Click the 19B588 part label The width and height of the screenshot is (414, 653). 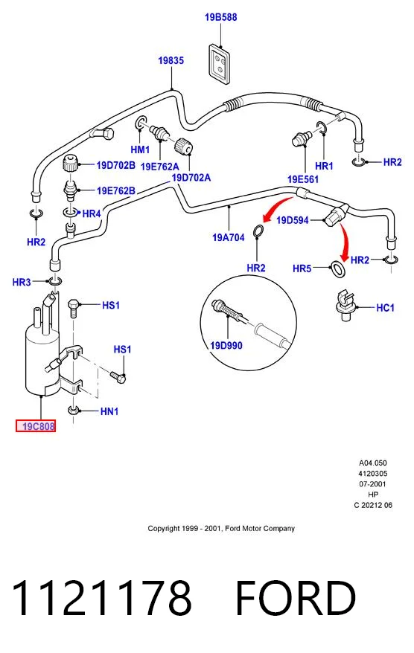pos(220,17)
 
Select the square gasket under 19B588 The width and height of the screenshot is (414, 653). pos(220,65)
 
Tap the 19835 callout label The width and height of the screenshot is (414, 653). pos(171,60)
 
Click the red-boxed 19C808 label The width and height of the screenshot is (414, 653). pos(36,426)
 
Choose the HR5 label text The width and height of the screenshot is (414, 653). pos(302,268)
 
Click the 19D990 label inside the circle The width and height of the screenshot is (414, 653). pos(226,345)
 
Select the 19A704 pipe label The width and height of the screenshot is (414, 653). pos(229,237)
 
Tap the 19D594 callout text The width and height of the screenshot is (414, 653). pos(293,220)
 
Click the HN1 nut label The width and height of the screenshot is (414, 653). pos(109,411)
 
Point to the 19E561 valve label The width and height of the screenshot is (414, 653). pos(303,179)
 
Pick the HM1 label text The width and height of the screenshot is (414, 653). pos(140,149)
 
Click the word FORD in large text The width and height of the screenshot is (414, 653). pos(296,599)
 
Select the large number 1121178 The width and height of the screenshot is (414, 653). pos(102,599)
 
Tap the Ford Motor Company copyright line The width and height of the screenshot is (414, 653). pos(221,529)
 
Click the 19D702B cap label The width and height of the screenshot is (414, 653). pos(116,165)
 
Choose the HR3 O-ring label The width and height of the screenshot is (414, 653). pos(22,283)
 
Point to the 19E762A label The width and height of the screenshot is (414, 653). pos(160,167)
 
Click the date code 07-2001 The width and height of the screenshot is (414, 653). pos(373,484)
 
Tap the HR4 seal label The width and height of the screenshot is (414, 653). pos(92,214)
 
